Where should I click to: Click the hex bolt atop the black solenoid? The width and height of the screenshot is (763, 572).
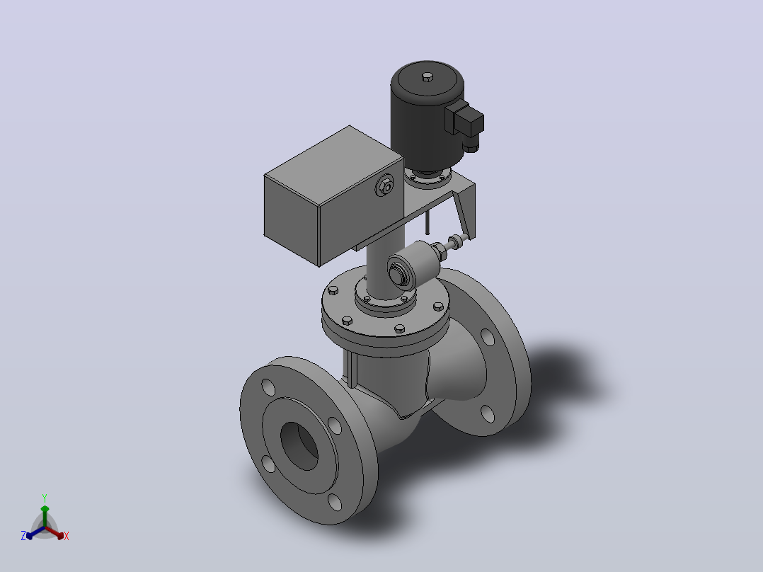(x=428, y=76)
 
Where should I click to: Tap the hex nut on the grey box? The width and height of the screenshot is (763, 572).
(x=385, y=186)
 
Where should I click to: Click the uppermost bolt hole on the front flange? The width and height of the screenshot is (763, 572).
(x=268, y=387)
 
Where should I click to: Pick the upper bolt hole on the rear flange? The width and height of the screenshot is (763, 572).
(x=488, y=336)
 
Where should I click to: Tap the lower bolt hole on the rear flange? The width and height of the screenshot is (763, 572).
(x=488, y=413)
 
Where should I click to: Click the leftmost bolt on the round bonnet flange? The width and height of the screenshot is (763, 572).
(x=333, y=291)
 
